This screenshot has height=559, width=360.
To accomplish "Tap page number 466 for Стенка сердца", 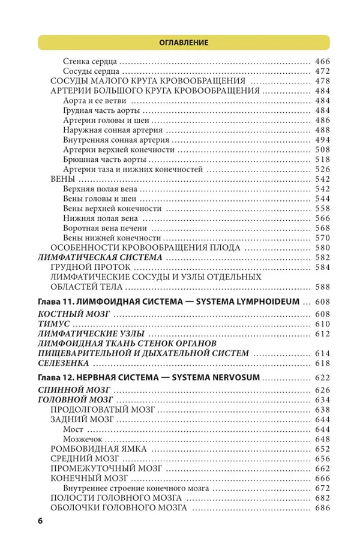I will coord(322,61).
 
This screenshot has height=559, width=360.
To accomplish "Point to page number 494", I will coord(322,140).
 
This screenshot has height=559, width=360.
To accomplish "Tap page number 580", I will coord(322,247).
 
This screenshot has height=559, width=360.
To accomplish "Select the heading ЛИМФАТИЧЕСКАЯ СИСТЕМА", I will coord(100,257).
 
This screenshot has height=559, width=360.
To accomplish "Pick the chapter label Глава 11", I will coord(56,300).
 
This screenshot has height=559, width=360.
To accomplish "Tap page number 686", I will coord(322,508).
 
